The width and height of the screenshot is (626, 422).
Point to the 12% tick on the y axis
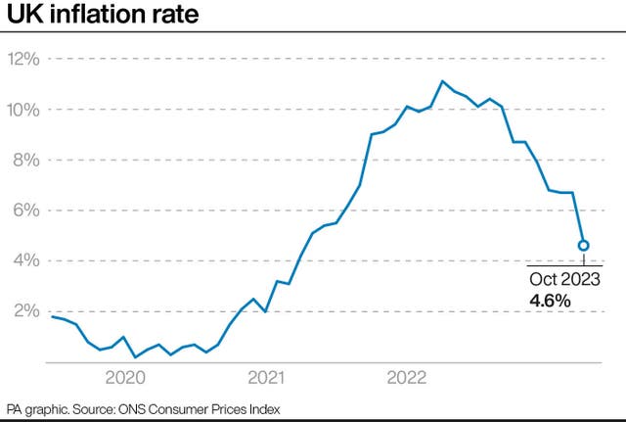(x=23, y=59)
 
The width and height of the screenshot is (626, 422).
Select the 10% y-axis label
(x=23, y=109)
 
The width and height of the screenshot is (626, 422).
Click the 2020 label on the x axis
(x=125, y=378)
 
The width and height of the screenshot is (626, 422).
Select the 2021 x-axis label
(x=266, y=378)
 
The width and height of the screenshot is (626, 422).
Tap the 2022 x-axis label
(x=406, y=378)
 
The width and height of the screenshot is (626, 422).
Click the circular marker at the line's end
(x=583, y=246)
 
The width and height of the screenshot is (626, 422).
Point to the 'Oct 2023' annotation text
(x=564, y=281)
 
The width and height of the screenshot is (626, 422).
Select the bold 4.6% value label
(x=550, y=302)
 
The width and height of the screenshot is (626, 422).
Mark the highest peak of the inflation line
(x=442, y=81)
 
